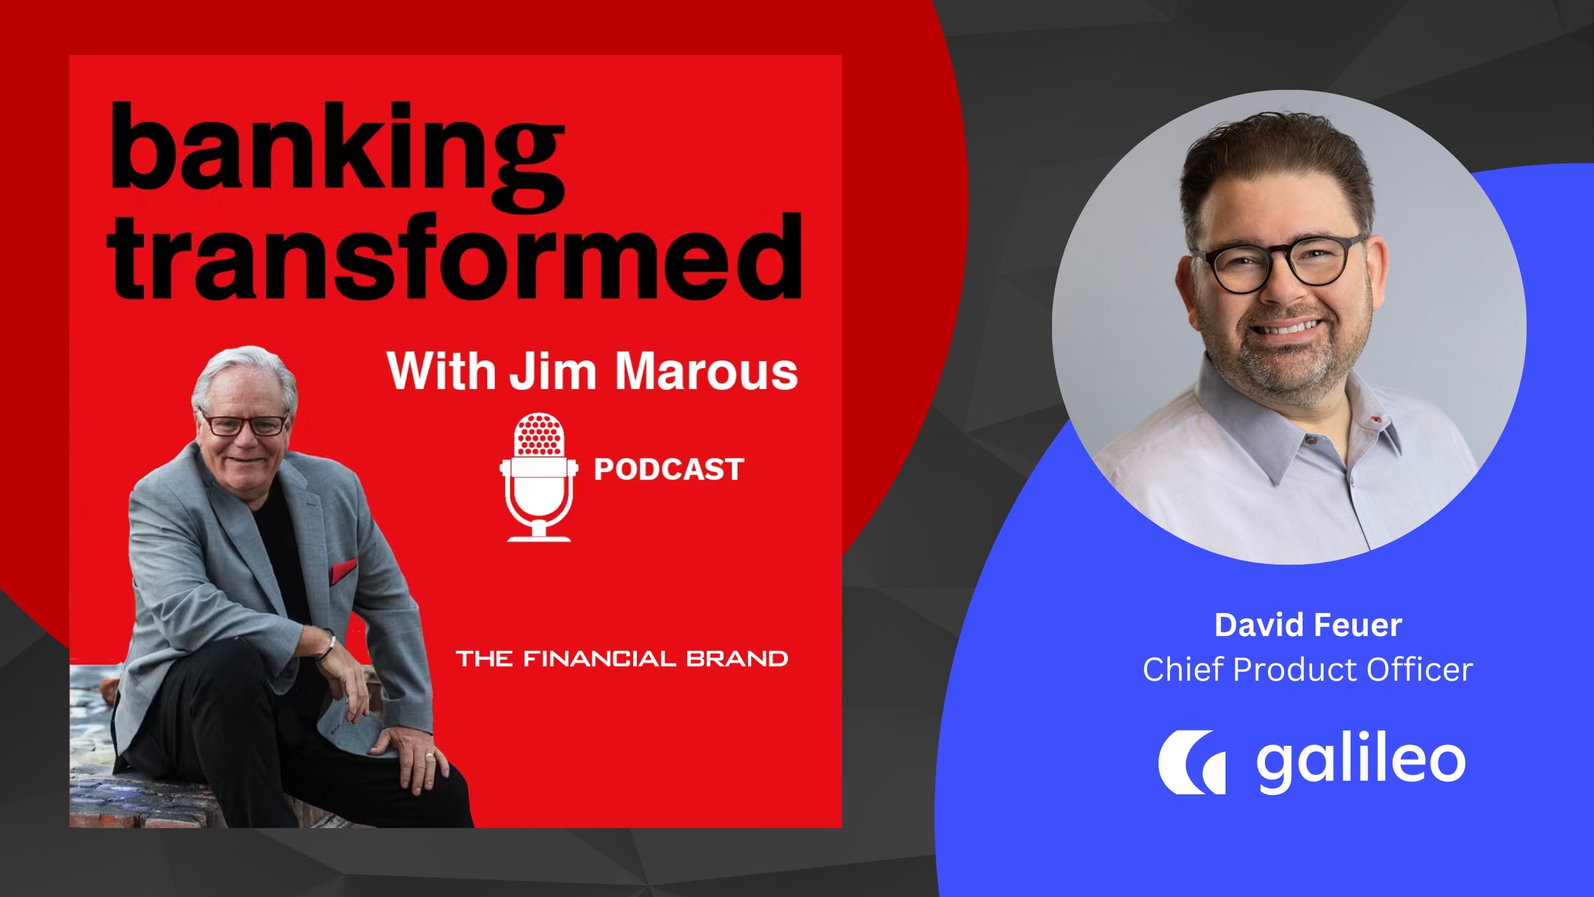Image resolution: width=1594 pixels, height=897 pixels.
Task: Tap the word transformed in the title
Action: click(x=455, y=258)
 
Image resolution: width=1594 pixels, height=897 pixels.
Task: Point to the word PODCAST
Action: click(x=669, y=470)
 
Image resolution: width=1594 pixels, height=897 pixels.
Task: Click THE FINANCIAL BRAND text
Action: click(x=622, y=658)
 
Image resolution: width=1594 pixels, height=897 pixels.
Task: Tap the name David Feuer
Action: click(x=1308, y=625)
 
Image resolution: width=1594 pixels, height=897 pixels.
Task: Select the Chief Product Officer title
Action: click(x=1308, y=670)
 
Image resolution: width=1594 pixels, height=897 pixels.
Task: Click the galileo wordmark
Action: click(x=1361, y=763)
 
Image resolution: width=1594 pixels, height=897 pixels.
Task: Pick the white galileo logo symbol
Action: click(x=1191, y=762)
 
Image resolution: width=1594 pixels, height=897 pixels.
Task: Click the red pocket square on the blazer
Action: click(x=344, y=571)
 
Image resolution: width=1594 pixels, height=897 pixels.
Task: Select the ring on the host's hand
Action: click(x=430, y=757)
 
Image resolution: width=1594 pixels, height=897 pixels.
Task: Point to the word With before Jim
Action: click(x=441, y=371)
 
